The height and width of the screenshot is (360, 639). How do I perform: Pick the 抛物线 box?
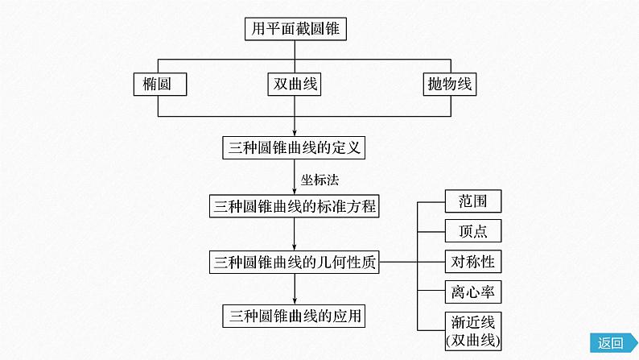tap(449, 84)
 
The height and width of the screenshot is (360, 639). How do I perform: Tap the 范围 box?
tap(472, 201)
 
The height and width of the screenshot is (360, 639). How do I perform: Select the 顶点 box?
tap(472, 231)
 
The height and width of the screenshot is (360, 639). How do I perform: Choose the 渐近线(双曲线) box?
tap(472, 331)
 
